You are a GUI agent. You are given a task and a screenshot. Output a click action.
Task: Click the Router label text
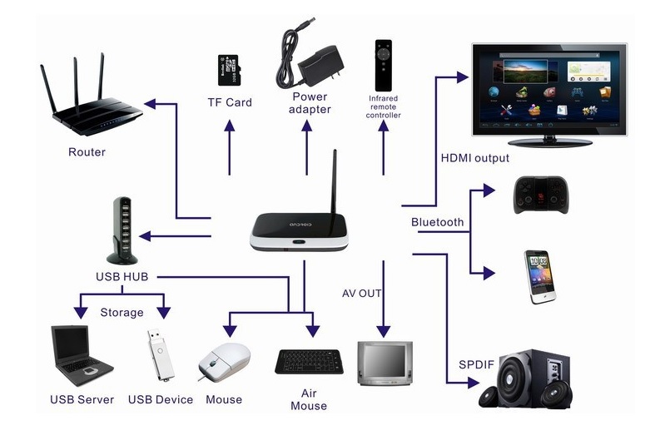coord(87,152)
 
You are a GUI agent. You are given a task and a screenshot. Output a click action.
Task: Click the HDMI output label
coord(474,158)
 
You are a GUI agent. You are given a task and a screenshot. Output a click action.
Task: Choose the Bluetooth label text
coord(437,222)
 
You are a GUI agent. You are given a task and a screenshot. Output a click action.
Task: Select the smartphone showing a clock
coord(538,275)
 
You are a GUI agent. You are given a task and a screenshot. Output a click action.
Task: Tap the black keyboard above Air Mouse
coord(309,361)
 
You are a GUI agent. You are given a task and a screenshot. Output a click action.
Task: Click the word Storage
coord(122,313)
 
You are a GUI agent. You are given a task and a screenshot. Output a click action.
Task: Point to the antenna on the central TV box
coord(335,182)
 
